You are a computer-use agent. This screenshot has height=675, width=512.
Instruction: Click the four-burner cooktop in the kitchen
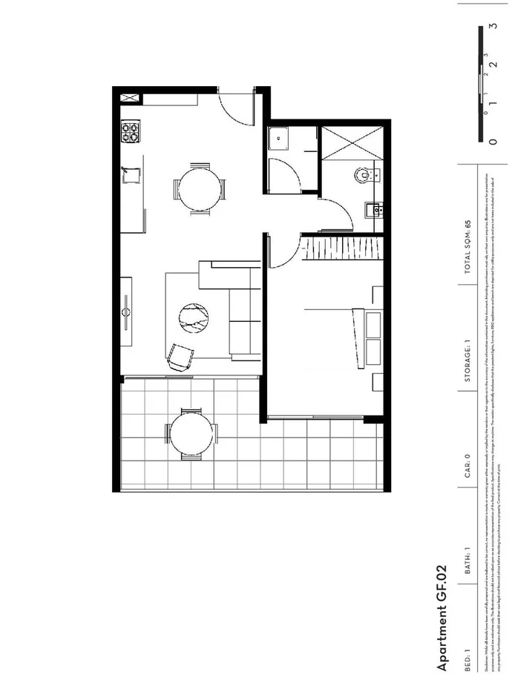click(x=131, y=133)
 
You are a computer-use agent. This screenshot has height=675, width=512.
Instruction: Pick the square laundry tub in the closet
click(x=280, y=137)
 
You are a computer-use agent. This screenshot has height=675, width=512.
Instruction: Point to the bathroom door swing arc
click(x=338, y=215)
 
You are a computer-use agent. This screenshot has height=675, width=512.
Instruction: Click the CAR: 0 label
click(x=467, y=467)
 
